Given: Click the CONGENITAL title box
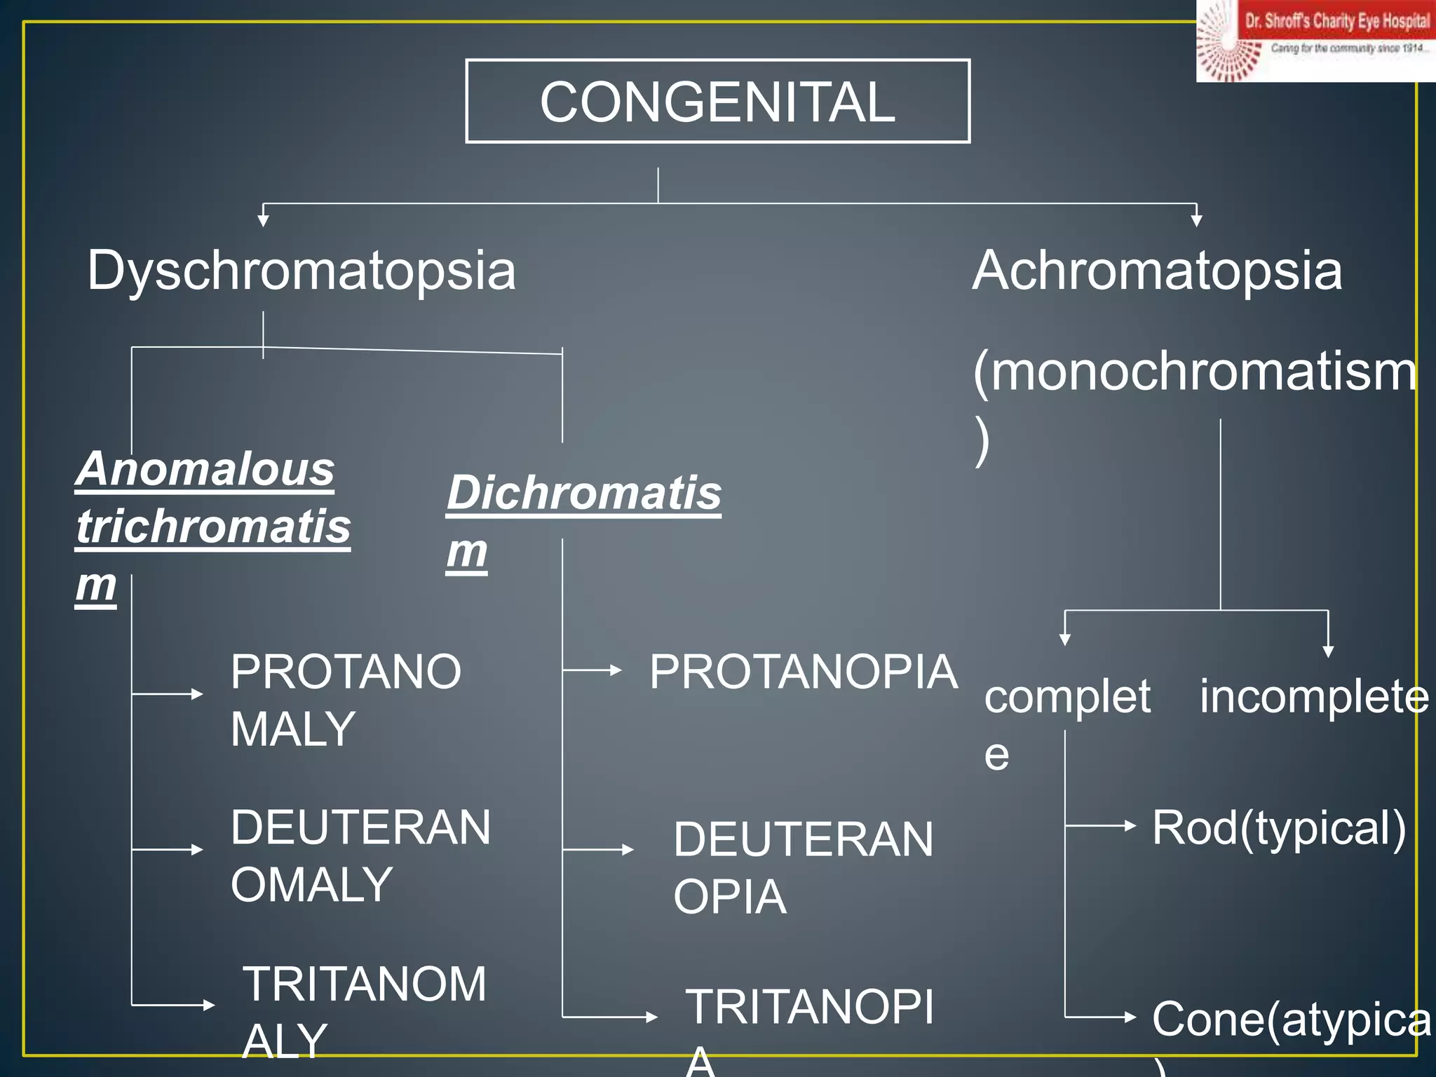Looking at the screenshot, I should click(x=717, y=102).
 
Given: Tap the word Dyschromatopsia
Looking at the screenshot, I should click(x=302, y=271).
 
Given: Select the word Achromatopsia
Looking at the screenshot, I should click(x=1157, y=271).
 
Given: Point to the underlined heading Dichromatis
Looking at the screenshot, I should click(x=583, y=493).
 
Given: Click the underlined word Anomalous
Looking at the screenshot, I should click(x=205, y=469).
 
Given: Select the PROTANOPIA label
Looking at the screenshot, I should click(x=803, y=672).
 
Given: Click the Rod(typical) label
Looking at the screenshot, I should click(x=1279, y=828).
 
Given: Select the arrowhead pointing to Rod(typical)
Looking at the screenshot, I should click(x=1130, y=826).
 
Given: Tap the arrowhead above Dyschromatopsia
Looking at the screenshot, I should click(x=263, y=220).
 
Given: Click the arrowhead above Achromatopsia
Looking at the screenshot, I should click(x=1196, y=220).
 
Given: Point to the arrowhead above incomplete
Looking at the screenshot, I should click(x=1327, y=651).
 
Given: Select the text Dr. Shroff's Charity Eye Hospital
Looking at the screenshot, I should click(x=1337, y=21).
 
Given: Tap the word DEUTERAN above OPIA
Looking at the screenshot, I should click(x=803, y=839).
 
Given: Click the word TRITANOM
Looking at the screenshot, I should click(x=364, y=984).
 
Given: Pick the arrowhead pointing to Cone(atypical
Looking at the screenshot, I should click(x=1130, y=1017).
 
